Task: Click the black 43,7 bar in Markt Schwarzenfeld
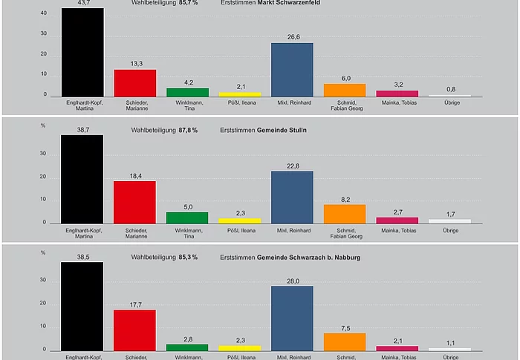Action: [82, 52]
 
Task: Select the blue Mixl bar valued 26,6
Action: [292, 69]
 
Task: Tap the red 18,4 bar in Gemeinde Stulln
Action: [134, 201]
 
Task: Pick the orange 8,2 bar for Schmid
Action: [345, 214]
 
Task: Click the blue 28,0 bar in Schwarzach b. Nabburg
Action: [292, 318]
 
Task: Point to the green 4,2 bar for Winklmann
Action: [187, 92]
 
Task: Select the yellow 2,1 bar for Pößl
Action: [239, 94]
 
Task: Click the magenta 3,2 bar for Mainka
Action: [397, 93]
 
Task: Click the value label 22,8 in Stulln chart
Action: [292, 165]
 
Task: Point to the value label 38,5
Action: [82, 254]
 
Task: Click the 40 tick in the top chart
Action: [44, 13]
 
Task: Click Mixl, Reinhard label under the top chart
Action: [292, 102]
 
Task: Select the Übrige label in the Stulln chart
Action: [449, 230]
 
